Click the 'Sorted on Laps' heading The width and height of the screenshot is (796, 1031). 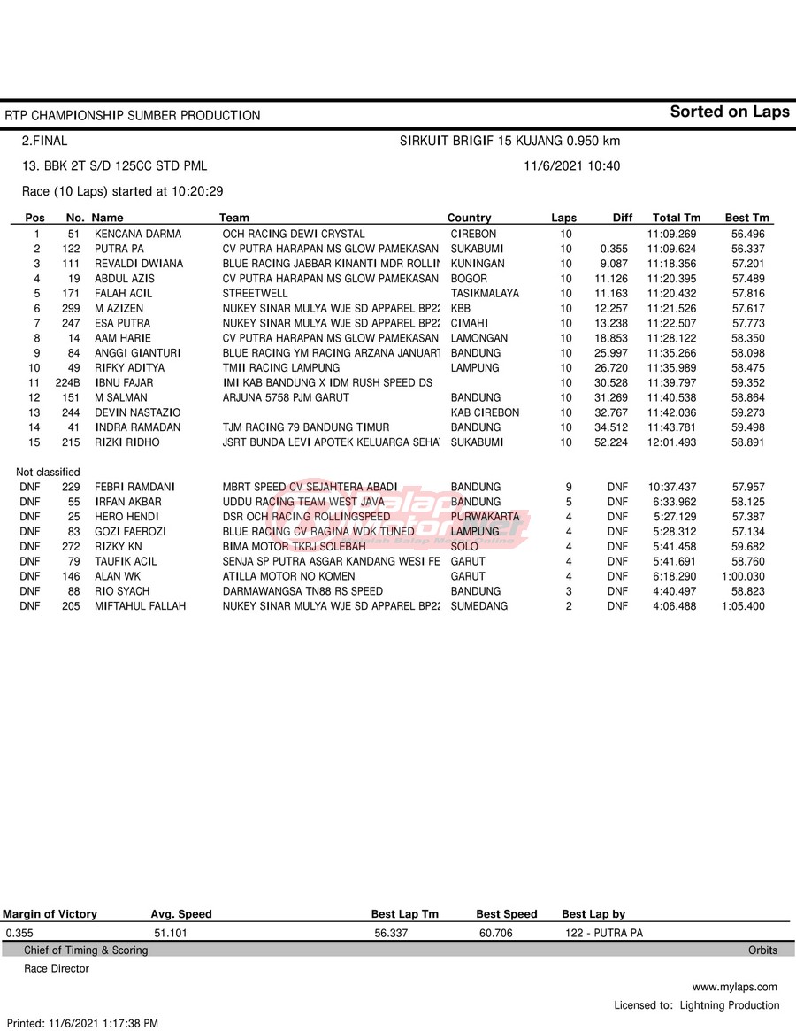[x=729, y=112]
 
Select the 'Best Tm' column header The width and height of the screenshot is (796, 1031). [x=747, y=218]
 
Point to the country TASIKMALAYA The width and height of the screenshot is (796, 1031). [x=485, y=294]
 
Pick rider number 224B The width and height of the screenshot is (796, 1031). [x=68, y=383]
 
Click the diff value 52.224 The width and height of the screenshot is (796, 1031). [x=611, y=442]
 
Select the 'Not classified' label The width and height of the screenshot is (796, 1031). [x=48, y=473]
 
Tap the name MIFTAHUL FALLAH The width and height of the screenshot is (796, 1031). [x=141, y=606]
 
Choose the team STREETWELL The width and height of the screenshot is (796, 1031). [x=255, y=294]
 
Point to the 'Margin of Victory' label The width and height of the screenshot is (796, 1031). [x=50, y=914]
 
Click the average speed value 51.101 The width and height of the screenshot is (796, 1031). [x=171, y=933]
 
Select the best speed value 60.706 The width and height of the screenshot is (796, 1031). [x=495, y=933]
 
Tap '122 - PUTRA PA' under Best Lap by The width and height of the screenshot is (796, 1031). [x=604, y=933]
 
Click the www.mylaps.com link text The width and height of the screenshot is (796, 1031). [x=734, y=987]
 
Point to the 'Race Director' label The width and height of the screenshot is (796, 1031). [x=57, y=969]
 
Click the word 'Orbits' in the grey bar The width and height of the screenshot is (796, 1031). [x=762, y=950]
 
